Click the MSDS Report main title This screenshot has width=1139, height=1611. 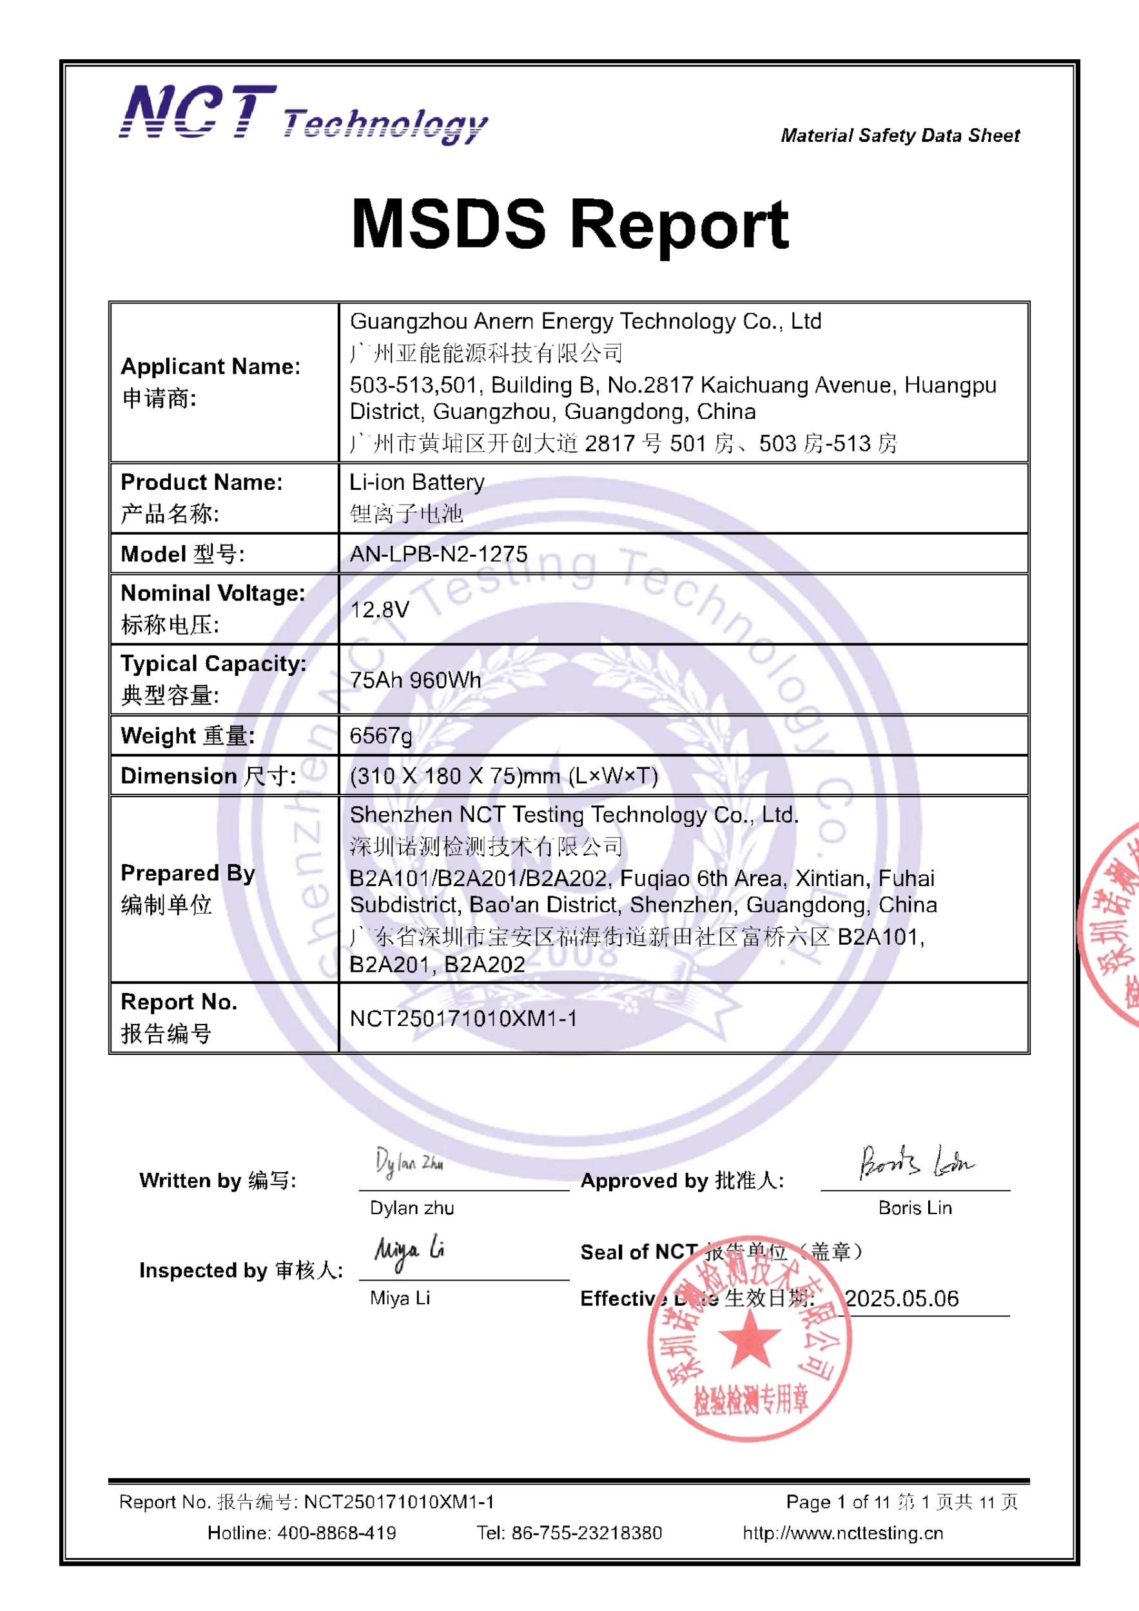569,224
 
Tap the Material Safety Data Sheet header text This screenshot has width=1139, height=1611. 900,135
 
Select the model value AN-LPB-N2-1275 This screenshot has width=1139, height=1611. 438,554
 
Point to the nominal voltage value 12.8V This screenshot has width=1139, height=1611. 380,609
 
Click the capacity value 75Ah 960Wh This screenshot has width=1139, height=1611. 416,680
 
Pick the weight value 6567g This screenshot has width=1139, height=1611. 381,735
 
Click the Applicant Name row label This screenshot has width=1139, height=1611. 211,366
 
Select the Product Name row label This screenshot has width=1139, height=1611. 201,482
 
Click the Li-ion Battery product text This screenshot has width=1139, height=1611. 417,482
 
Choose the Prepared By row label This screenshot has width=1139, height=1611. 188,873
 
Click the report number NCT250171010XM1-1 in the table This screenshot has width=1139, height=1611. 463,1018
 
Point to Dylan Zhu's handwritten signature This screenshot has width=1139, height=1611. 409,1162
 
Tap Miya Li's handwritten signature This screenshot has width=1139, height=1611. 409,1252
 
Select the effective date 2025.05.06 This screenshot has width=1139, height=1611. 902,1298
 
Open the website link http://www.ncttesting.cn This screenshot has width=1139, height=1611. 843,1533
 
